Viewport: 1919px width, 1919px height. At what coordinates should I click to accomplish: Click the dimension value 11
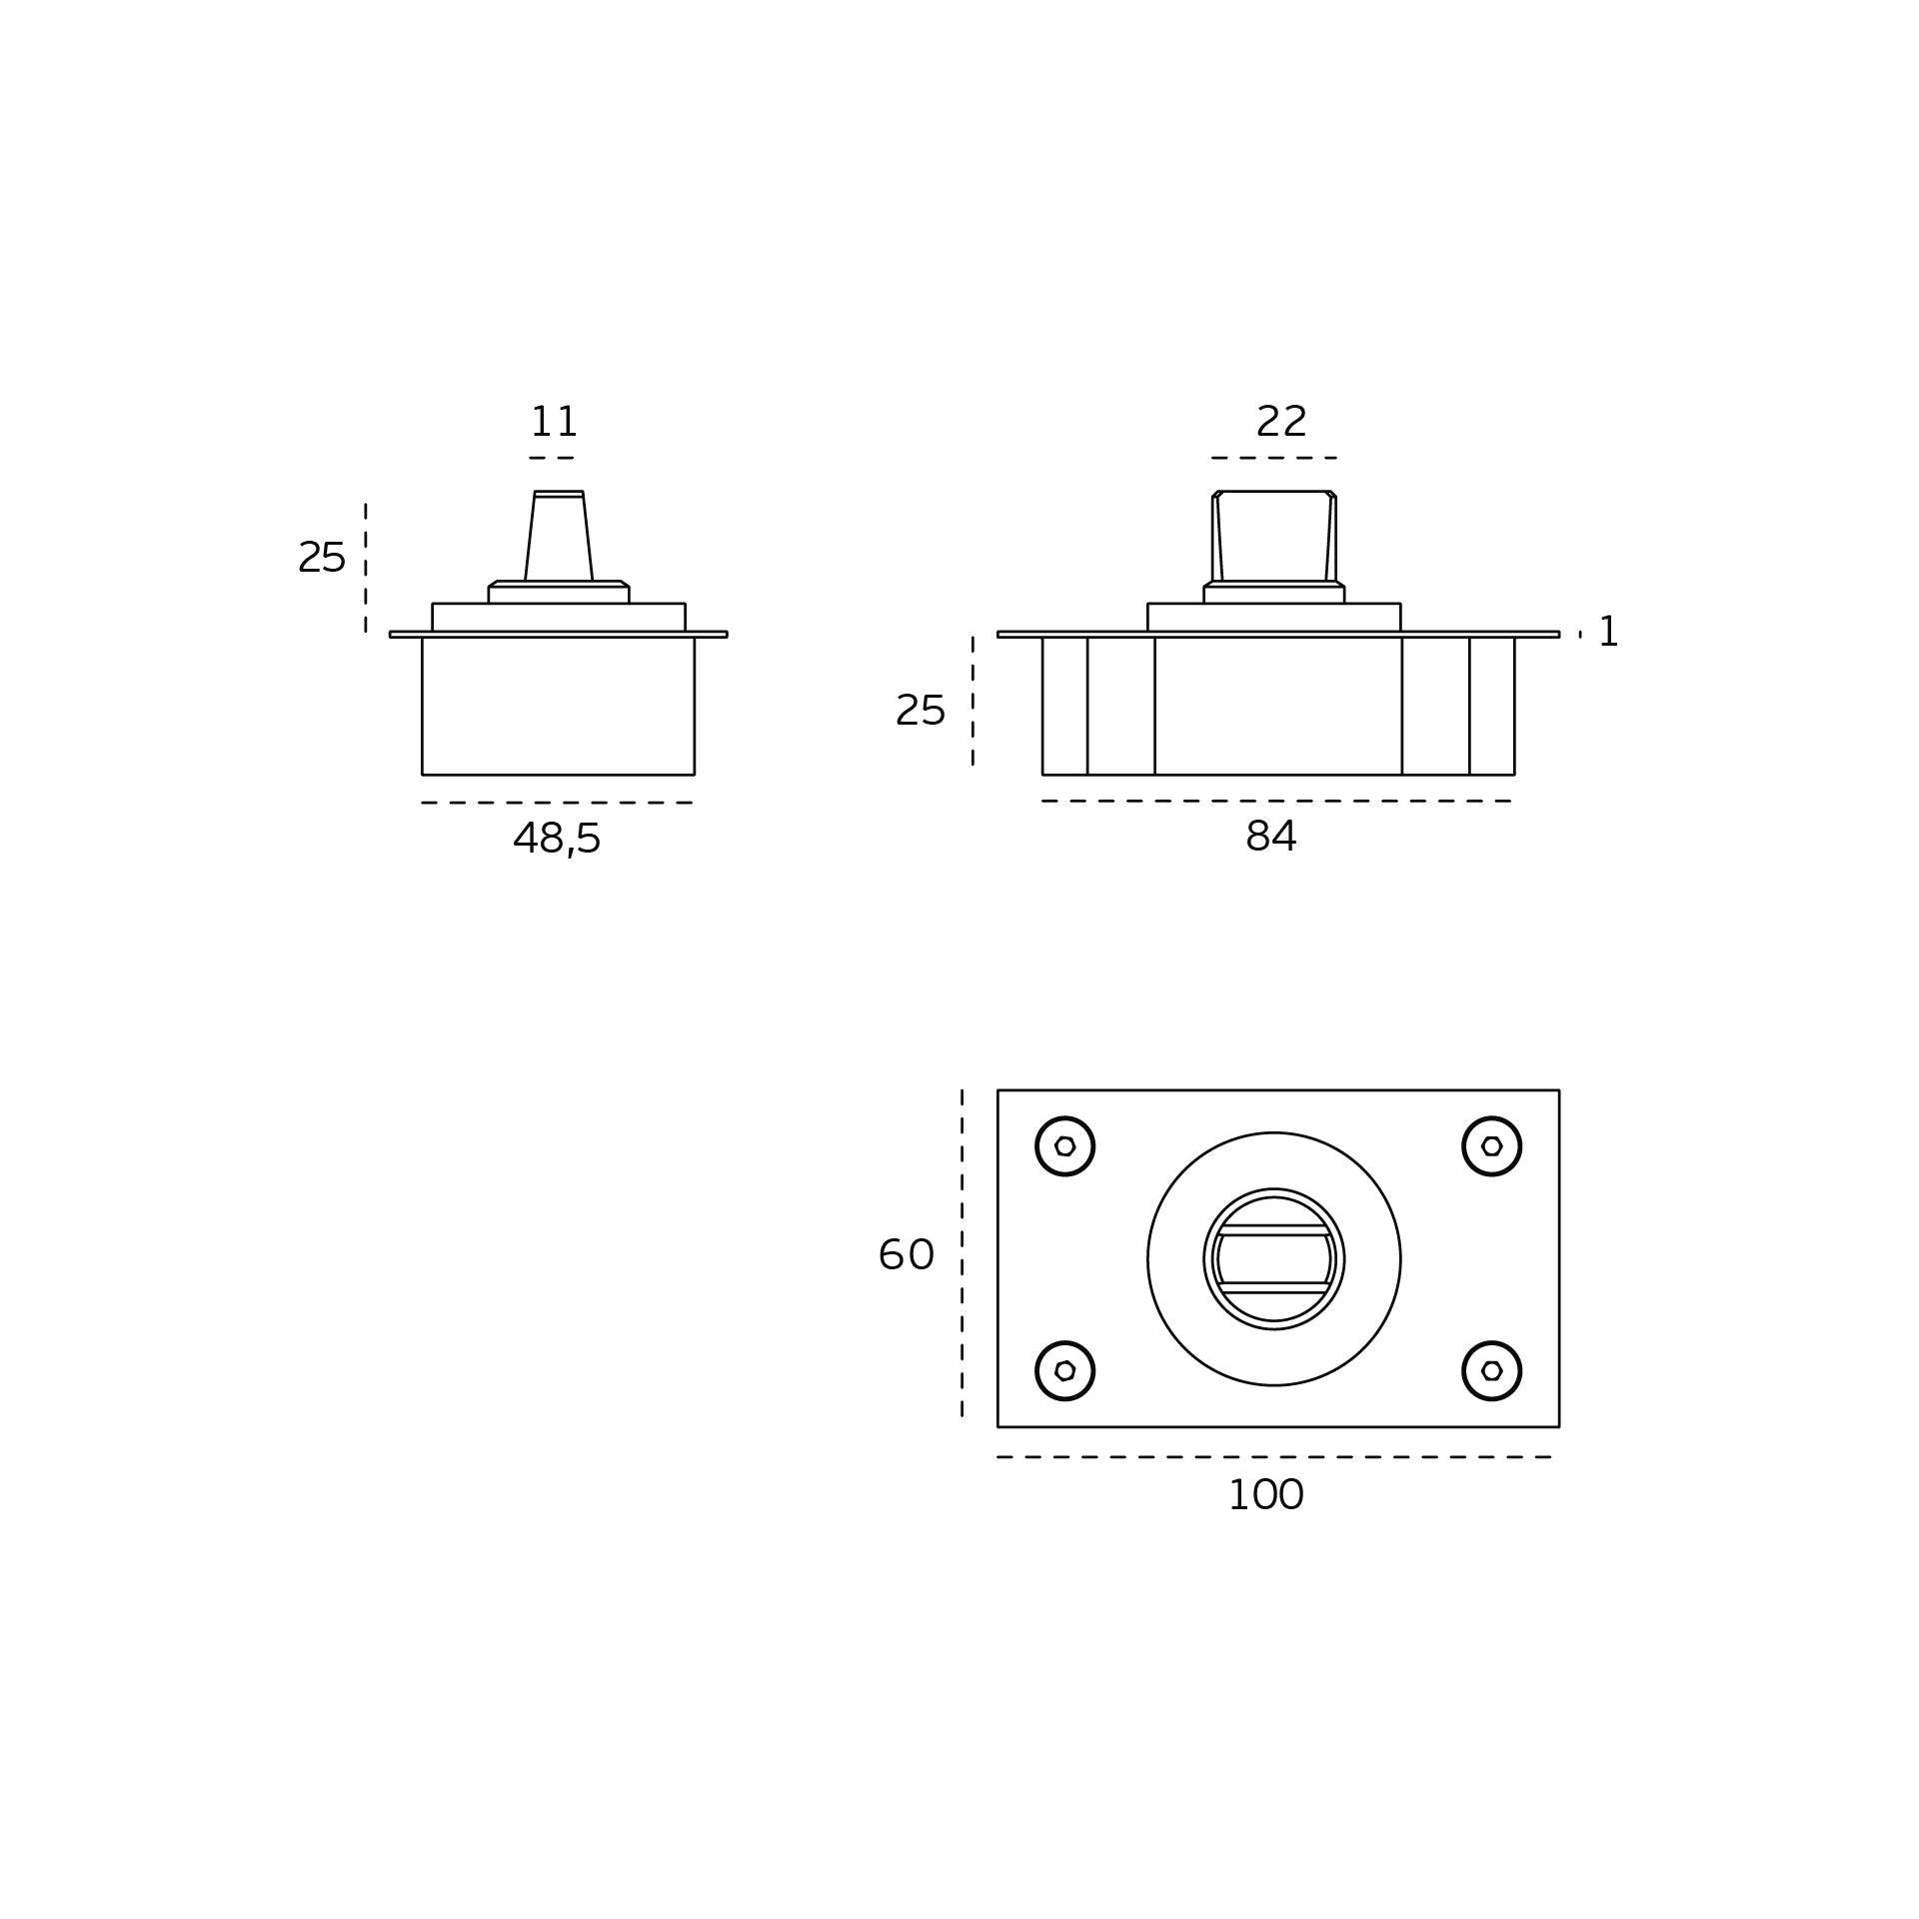(x=554, y=422)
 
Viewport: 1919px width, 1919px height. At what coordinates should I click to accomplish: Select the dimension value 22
(x=1281, y=422)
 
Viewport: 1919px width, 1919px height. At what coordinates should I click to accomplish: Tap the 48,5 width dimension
(x=557, y=839)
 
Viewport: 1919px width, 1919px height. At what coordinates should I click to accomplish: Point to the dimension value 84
(x=1271, y=837)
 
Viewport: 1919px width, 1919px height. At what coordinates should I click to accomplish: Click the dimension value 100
(x=1265, y=1523)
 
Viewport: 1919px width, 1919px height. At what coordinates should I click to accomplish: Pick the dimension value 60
(x=907, y=1255)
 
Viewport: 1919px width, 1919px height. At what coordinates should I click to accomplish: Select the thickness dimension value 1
(x=1609, y=632)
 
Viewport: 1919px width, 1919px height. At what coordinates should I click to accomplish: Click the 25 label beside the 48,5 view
(x=322, y=557)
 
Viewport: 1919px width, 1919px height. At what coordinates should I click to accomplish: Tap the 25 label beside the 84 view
(x=921, y=711)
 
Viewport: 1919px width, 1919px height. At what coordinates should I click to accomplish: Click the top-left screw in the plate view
(x=1065, y=1146)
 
